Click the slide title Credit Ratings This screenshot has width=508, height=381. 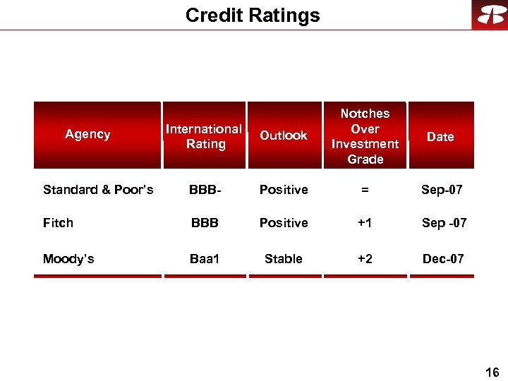(253, 16)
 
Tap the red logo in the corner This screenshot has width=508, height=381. (490, 15)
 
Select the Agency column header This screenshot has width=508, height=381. (87, 134)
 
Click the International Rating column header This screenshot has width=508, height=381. (205, 136)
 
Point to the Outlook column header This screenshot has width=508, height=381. (284, 135)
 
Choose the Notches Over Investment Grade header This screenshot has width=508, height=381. (365, 136)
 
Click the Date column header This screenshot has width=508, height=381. (440, 137)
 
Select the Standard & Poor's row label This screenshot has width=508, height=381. (98, 190)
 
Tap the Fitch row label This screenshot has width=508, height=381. (58, 223)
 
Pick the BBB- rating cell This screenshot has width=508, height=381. (205, 190)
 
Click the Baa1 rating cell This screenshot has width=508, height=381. (205, 259)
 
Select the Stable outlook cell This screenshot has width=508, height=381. (284, 259)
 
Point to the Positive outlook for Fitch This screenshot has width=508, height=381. (284, 223)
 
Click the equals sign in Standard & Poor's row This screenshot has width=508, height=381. (365, 190)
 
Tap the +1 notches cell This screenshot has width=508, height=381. (365, 223)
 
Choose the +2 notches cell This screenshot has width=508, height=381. (365, 259)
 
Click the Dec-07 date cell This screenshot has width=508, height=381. (443, 259)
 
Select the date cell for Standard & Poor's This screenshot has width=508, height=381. (442, 190)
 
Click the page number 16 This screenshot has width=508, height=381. (492, 373)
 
